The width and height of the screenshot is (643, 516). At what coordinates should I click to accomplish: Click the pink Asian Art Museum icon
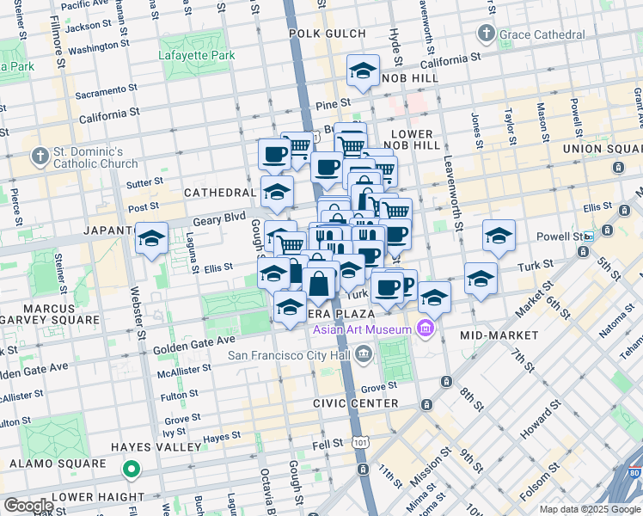click(424, 329)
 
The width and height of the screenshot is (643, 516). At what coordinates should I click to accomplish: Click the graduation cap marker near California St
click(363, 72)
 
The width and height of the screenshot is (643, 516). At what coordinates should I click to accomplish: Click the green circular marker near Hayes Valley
click(131, 469)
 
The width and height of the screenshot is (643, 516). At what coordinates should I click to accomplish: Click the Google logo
click(28, 506)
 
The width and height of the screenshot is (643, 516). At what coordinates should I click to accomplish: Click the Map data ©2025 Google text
click(589, 509)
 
